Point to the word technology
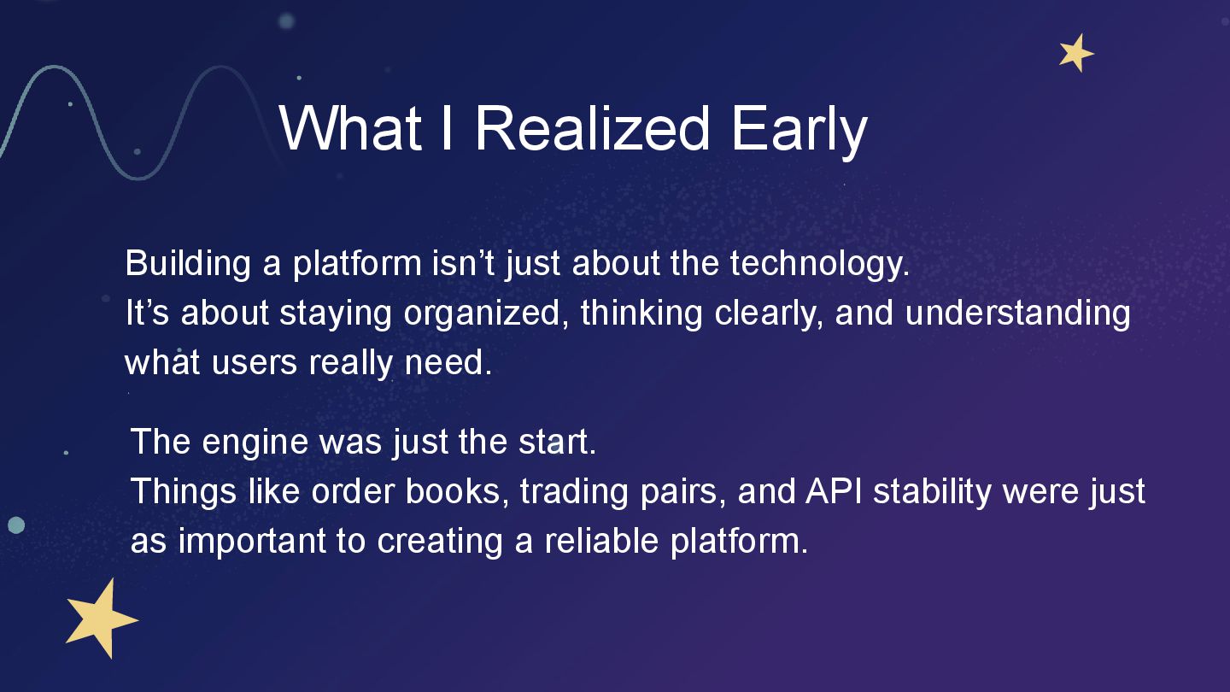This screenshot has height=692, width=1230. coord(820,265)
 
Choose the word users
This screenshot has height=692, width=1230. coord(255,363)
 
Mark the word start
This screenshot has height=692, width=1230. coord(557,442)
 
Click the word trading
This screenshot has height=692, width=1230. coord(574,493)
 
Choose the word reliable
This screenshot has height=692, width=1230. coord(601,541)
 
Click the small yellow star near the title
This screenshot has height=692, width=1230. coord(1075,53)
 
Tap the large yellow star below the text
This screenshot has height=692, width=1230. coord(101,619)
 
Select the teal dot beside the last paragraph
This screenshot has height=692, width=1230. coord(16,525)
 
